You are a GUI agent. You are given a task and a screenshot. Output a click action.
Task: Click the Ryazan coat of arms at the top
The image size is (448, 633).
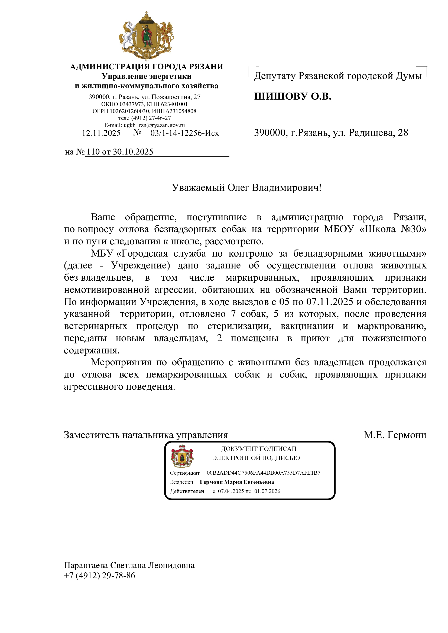click(x=146, y=36)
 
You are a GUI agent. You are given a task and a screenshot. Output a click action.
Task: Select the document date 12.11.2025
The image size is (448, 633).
click(x=101, y=133)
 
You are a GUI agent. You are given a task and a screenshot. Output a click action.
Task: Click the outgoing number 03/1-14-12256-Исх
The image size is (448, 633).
click(x=184, y=133)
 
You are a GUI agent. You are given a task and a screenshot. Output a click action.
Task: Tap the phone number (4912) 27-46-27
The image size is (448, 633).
click(x=151, y=118)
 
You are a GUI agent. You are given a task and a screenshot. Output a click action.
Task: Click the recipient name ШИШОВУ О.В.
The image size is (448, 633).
click(x=293, y=96)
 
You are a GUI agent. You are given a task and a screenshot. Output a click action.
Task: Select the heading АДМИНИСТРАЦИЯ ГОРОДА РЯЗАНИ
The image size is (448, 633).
click(x=147, y=67)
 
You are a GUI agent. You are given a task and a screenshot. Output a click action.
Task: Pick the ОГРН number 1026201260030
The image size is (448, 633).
click(x=128, y=111)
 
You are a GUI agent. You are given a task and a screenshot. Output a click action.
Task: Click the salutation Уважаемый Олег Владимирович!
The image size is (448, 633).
click(x=247, y=188)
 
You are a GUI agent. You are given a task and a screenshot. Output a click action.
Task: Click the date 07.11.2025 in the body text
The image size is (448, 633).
click(x=330, y=301)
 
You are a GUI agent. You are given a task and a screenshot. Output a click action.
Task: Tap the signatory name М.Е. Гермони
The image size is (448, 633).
click(x=395, y=435)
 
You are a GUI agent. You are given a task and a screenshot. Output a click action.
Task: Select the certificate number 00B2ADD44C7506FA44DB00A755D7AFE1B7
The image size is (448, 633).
click(x=264, y=473)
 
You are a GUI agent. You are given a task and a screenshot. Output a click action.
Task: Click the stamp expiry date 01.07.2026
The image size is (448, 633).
click(x=267, y=491)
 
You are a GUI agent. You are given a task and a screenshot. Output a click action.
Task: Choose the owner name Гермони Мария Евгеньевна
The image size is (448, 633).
click(x=237, y=482)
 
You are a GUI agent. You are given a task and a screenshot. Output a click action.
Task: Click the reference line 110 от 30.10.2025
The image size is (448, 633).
click(x=120, y=152)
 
